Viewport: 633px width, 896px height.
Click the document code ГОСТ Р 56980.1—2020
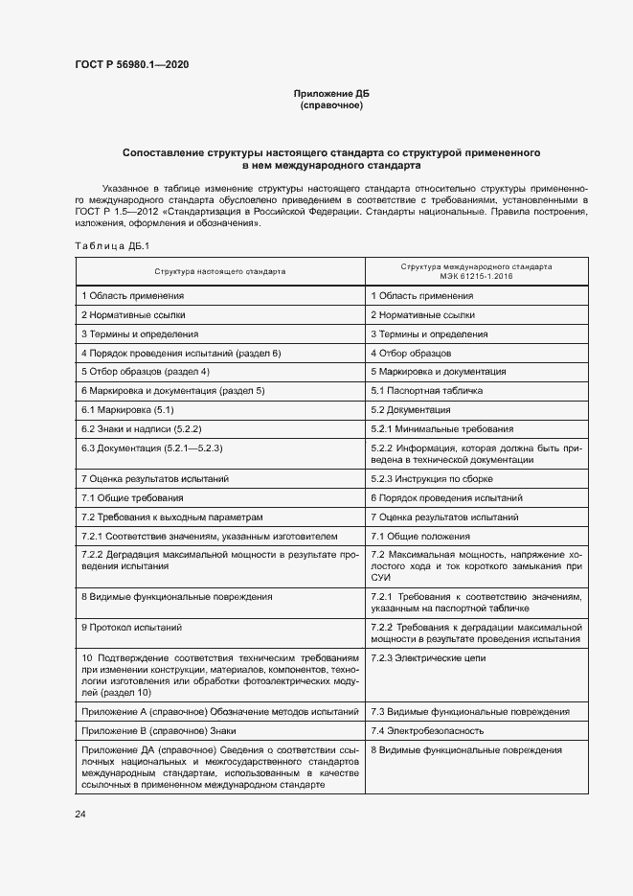click(131, 64)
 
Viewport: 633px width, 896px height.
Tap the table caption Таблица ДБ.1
click(107, 247)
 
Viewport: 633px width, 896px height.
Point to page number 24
click(80, 814)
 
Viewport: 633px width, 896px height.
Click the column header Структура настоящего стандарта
click(219, 271)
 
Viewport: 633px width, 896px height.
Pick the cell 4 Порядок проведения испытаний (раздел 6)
click(181, 354)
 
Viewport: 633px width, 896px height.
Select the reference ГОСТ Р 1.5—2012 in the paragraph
click(117, 210)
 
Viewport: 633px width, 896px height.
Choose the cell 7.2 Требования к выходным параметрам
click(171, 517)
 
